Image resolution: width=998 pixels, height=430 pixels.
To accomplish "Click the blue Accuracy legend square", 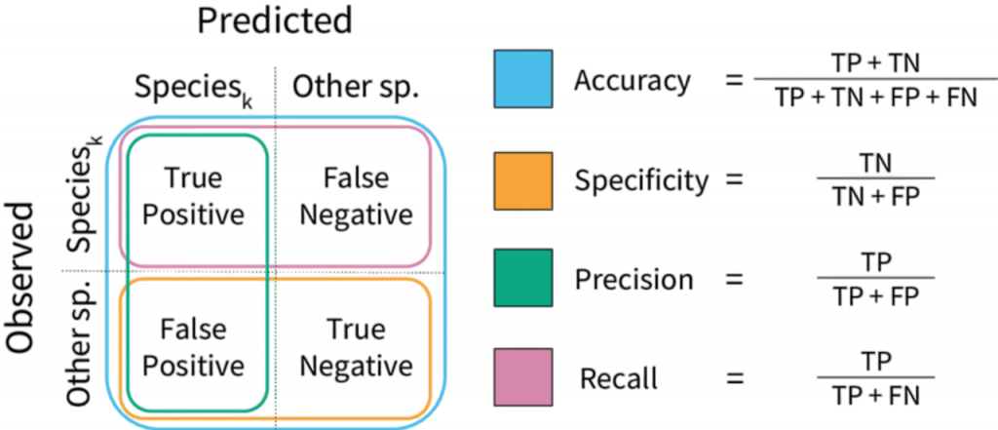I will pyautogui.click(x=522, y=79).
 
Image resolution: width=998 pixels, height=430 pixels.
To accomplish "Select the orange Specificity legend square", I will pyautogui.click(x=522, y=178).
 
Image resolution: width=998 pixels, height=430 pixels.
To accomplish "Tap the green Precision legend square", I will pyautogui.click(x=522, y=278).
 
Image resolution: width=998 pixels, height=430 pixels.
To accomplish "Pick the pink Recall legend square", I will pyautogui.click(x=522, y=376).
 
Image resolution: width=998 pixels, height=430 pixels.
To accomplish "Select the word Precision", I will pyautogui.click(x=633, y=279).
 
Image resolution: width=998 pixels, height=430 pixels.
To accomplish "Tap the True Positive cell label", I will pyautogui.click(x=194, y=196).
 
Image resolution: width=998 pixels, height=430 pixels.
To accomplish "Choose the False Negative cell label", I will pyautogui.click(x=357, y=196).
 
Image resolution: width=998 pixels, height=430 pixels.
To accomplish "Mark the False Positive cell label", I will pyautogui.click(x=194, y=348).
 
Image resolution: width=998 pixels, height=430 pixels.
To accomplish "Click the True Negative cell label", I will pyautogui.click(x=357, y=348).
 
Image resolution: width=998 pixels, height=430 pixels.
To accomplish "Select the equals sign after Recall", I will pyautogui.click(x=737, y=377).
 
